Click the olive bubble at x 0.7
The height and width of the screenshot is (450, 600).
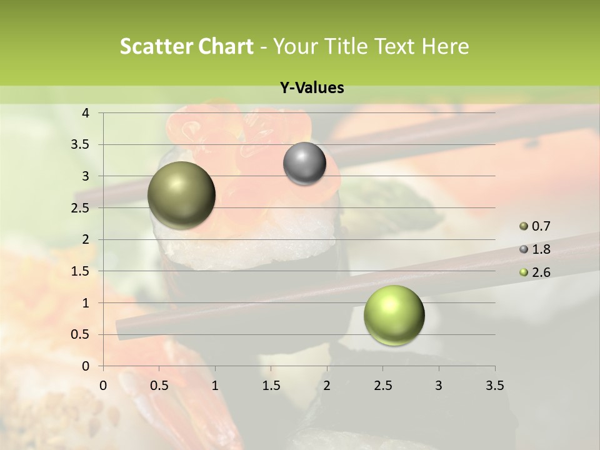[182, 195]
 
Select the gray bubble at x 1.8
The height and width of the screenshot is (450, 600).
[304, 163]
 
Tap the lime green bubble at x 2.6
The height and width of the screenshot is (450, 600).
[394, 315]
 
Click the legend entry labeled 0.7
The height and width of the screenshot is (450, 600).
[535, 226]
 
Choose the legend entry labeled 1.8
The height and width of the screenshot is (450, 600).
[535, 249]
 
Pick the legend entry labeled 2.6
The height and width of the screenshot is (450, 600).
[535, 272]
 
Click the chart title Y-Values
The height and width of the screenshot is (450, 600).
[312, 88]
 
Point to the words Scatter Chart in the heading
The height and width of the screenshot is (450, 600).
[186, 46]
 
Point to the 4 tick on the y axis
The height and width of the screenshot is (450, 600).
[86, 113]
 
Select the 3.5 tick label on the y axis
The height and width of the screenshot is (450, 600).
[81, 144]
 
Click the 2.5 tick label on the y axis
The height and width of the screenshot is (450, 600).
[81, 207]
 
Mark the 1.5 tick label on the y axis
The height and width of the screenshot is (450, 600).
[81, 271]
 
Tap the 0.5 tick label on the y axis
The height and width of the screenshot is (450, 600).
[81, 334]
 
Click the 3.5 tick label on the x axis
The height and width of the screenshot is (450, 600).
[494, 386]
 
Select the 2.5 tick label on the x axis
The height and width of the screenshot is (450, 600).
[383, 386]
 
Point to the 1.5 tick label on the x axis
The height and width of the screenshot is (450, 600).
[271, 386]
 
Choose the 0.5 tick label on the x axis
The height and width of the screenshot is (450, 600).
[159, 386]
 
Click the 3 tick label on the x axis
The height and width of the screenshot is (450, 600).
[439, 386]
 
